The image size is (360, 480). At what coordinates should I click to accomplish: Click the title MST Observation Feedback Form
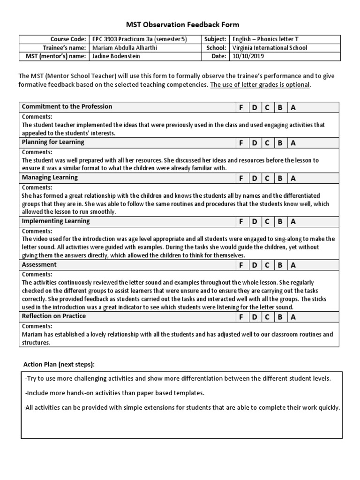(x=180, y=24)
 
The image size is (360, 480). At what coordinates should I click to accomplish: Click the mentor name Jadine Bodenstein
(x=117, y=56)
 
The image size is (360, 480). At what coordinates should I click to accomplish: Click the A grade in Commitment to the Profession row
(x=293, y=107)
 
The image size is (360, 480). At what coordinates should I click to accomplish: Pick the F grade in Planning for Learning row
(x=241, y=143)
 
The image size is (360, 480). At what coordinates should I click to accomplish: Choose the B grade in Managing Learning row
(x=280, y=179)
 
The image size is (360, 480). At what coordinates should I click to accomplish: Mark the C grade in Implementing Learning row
(x=267, y=222)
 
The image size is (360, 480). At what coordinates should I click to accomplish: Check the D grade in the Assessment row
(x=254, y=265)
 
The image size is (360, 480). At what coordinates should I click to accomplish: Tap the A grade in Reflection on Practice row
(x=293, y=317)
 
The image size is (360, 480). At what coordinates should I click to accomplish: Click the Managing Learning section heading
(x=50, y=178)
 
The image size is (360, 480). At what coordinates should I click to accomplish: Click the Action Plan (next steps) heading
(x=59, y=365)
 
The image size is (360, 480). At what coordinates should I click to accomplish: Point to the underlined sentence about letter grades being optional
(x=260, y=85)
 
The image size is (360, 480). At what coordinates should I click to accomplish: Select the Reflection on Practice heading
(x=53, y=316)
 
